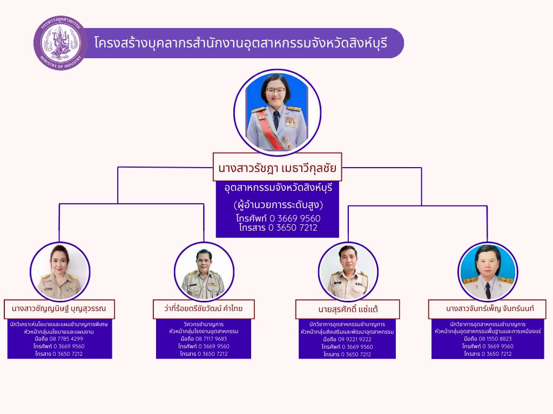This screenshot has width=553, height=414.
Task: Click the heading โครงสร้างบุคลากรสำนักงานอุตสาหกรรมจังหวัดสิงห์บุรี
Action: [240, 43]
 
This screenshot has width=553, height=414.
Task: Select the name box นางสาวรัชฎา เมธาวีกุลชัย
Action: [277, 168]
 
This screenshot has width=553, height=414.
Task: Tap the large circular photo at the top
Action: [277, 113]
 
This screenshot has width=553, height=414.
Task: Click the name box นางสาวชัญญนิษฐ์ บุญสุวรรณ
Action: [59, 309]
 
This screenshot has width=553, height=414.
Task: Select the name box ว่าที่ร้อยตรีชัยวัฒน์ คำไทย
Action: [204, 309]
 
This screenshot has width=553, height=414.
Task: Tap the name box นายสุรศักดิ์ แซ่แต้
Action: [347, 309]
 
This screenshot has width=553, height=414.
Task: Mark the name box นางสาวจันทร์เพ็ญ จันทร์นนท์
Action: [487, 309]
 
